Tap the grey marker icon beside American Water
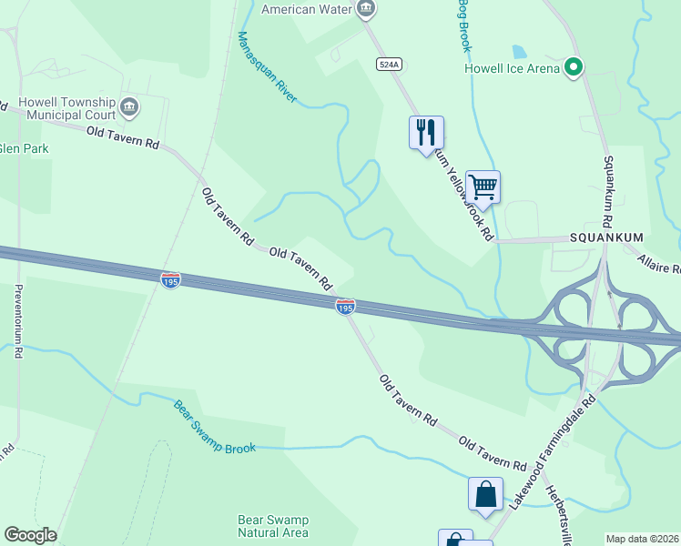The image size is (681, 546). [x=365, y=9]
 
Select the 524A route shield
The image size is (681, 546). [x=388, y=64]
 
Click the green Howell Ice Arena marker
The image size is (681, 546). [x=574, y=67]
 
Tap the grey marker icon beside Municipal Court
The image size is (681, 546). [x=128, y=107]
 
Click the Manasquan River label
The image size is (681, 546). [x=267, y=66]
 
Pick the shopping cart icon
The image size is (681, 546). [x=483, y=187]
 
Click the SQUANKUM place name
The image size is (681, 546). [x=606, y=238]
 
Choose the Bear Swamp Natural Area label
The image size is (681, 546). [x=273, y=526]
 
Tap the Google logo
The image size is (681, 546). [x=30, y=535]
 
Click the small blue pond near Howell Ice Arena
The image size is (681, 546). [x=519, y=52]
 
